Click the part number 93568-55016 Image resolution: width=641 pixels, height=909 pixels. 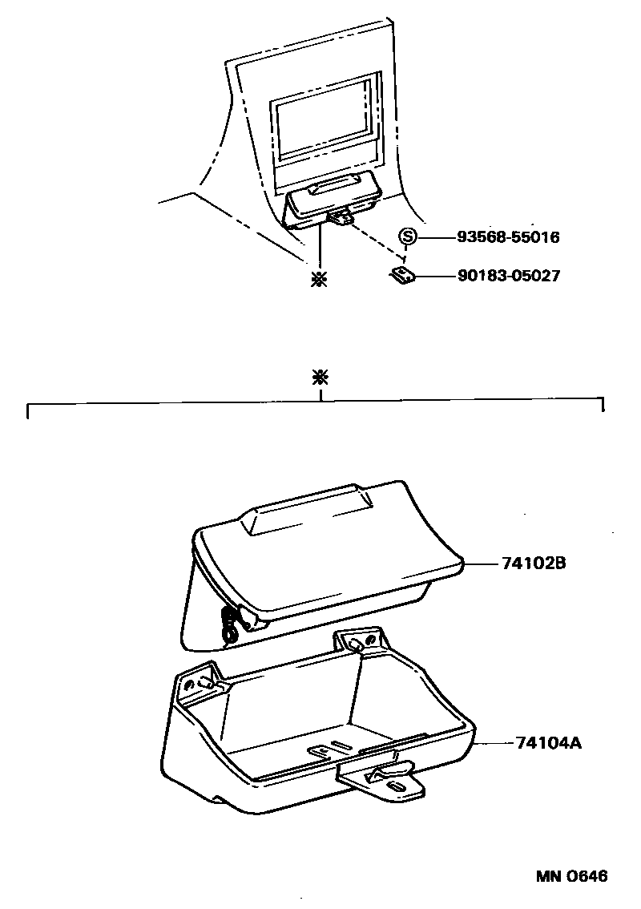pyautogui.click(x=508, y=237)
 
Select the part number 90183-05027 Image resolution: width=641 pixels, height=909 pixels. pyautogui.click(x=508, y=276)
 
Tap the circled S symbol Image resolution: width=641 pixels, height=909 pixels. pyautogui.click(x=408, y=236)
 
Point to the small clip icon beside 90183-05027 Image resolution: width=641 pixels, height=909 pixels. pyautogui.click(x=402, y=276)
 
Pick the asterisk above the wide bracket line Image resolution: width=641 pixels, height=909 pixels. pyautogui.click(x=320, y=378)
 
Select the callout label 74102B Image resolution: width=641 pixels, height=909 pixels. pyautogui.click(x=534, y=564)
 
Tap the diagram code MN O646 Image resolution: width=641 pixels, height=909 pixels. pyautogui.click(x=571, y=875)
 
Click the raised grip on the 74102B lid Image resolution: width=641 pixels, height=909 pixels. pyautogui.click(x=308, y=512)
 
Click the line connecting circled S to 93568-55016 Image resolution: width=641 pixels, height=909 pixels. pyautogui.click(x=434, y=237)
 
